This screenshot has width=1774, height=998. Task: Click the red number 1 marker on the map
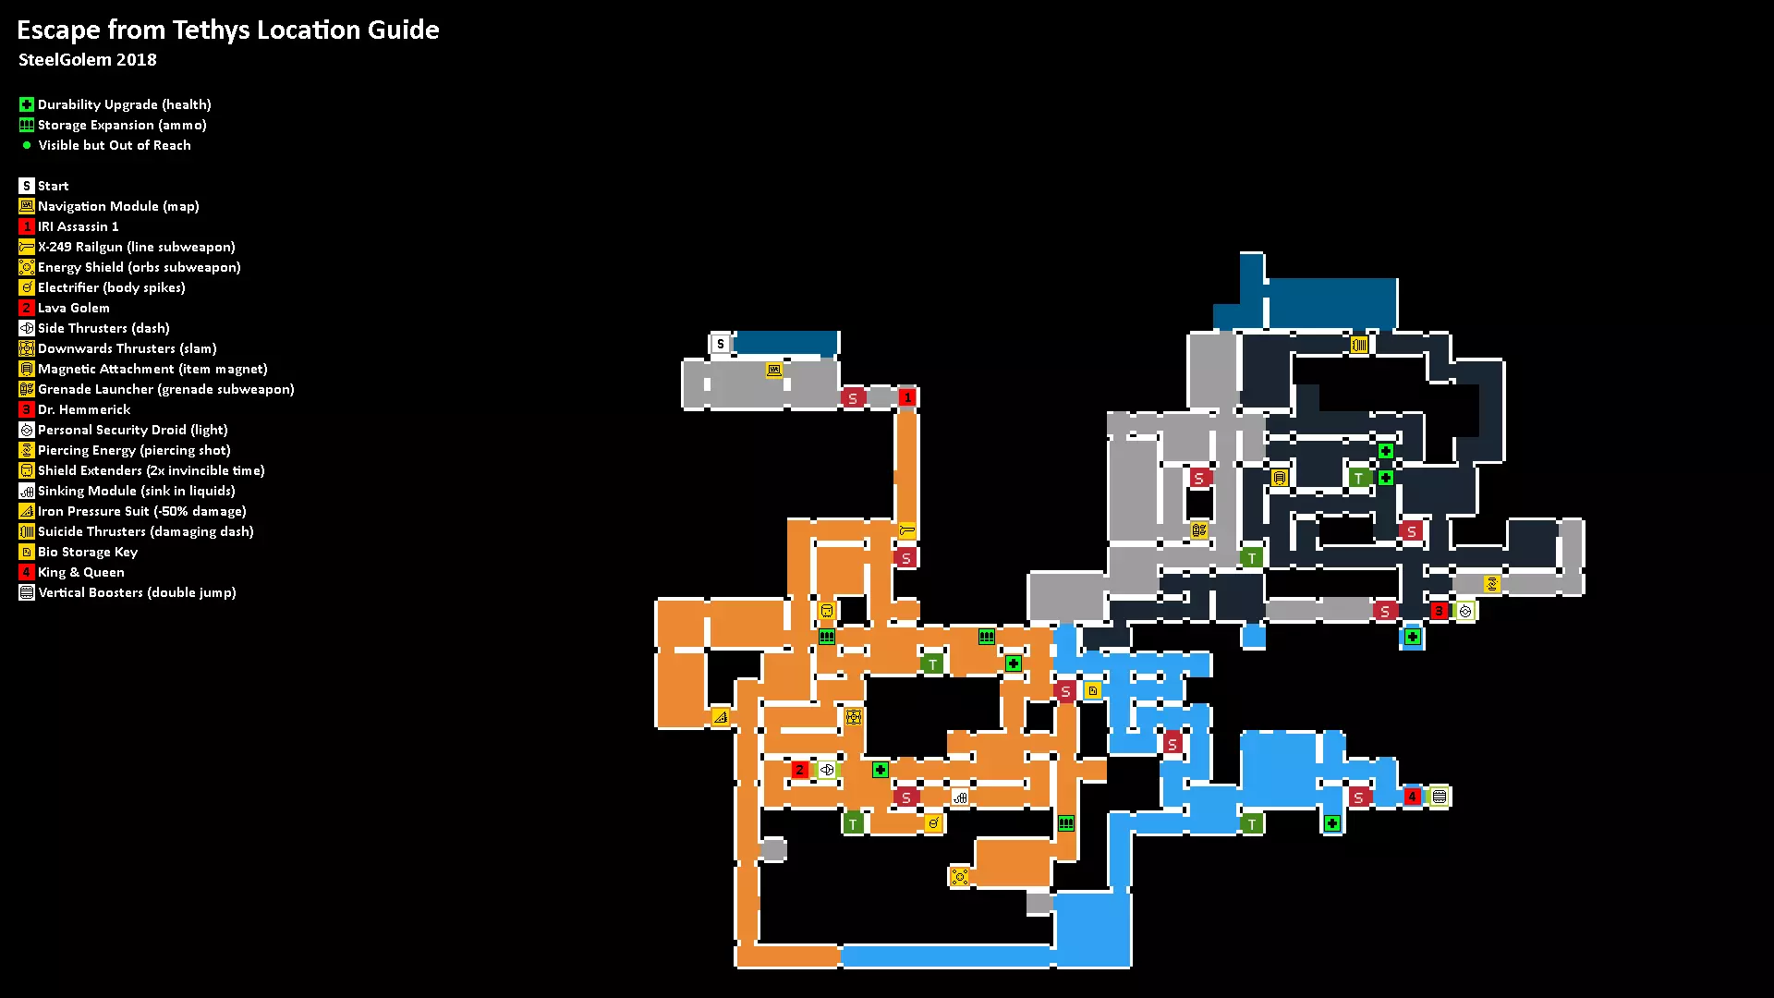(907, 397)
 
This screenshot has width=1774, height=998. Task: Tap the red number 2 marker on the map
(800, 770)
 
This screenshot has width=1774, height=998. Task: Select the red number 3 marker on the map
(1439, 611)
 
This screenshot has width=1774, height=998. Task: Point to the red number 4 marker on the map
(1412, 797)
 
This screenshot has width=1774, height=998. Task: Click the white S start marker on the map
(721, 344)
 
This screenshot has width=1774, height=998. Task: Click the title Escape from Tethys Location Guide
(228, 30)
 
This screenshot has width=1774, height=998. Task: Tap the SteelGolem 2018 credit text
(88, 60)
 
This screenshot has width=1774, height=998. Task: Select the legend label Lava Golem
(74, 308)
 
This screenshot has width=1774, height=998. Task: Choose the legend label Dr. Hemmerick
(84, 409)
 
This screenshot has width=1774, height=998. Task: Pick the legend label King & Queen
(81, 572)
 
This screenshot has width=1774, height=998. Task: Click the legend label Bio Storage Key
(88, 552)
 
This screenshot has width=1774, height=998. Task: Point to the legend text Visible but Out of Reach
(115, 145)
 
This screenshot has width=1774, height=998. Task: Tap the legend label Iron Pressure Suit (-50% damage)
(142, 511)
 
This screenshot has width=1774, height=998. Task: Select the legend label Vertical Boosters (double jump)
(137, 592)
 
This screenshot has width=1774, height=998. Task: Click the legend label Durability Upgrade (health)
(125, 104)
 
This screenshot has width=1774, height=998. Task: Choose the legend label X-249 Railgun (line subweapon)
(137, 247)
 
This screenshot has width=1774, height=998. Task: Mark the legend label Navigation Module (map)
(118, 206)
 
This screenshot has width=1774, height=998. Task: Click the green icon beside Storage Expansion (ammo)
(27, 125)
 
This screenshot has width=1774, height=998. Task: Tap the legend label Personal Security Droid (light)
(133, 430)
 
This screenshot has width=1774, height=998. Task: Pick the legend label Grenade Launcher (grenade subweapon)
(166, 389)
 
